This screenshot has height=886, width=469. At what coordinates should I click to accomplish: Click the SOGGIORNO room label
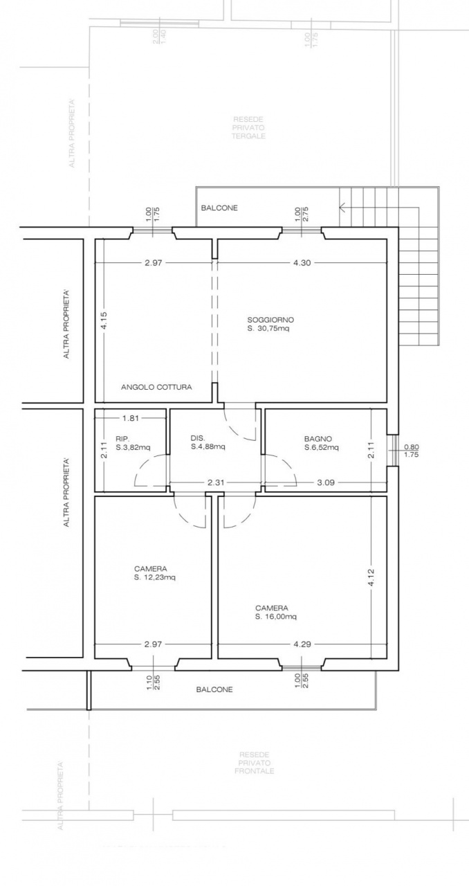point(270,320)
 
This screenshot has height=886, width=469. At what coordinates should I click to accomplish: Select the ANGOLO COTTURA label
point(156,387)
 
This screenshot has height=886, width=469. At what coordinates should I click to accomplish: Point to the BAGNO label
point(318,439)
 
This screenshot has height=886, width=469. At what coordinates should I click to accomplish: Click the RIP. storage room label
point(122,438)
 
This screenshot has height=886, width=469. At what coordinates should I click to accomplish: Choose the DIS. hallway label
point(198,438)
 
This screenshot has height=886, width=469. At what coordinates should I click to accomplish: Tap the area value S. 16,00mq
point(276,617)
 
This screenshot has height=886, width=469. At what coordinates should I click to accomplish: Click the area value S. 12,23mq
point(155,578)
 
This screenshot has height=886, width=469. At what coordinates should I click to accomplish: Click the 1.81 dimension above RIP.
point(130,418)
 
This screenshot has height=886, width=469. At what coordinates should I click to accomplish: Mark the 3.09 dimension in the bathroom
point(325,483)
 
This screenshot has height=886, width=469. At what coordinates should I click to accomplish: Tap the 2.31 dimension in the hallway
point(215,483)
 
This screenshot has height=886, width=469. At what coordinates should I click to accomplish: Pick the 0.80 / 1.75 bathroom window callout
point(411,451)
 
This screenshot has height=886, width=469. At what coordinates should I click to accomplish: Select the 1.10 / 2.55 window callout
point(154,683)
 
